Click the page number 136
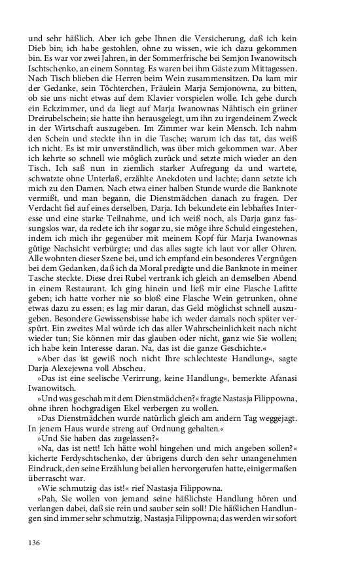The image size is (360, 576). (35, 543)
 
